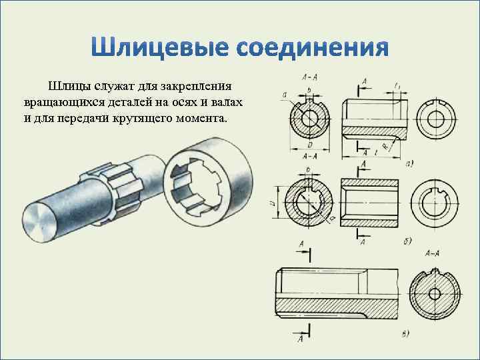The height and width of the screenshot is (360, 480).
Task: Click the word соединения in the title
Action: click(313, 49)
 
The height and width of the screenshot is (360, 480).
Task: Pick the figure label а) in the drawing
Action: click(409, 162)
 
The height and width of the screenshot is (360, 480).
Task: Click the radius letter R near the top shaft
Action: click(385, 144)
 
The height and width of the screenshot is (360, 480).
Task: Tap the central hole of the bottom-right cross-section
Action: click(434, 293)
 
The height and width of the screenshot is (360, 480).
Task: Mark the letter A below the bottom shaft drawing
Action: click(301, 339)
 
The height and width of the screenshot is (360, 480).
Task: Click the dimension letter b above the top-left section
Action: click(309, 89)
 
